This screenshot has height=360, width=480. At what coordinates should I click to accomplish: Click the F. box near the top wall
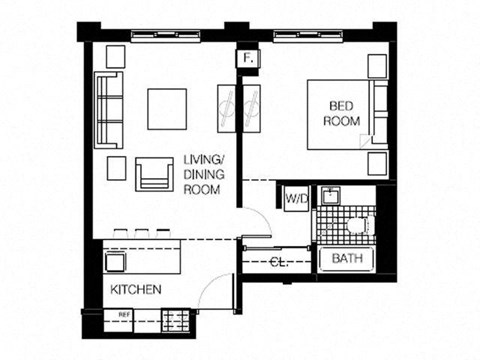pos(247,59)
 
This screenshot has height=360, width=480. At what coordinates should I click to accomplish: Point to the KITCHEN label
pos(136,289)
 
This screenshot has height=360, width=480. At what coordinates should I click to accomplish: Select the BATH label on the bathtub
pos(346,258)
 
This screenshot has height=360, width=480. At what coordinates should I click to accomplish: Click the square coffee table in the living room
pos(168,109)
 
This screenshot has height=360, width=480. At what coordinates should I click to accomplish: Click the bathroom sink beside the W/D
pos(331,196)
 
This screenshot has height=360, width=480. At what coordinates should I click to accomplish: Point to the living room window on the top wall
pos(165,35)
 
